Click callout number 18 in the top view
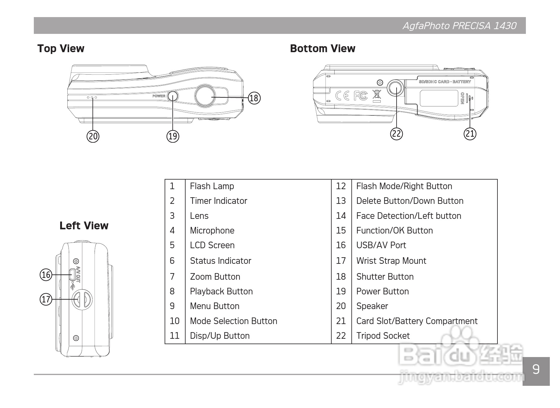[x=254, y=98]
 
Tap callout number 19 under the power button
[x=173, y=136]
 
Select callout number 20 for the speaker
[x=93, y=136]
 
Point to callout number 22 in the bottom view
[x=396, y=133]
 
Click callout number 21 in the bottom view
[x=470, y=133]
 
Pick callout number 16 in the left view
[x=46, y=275]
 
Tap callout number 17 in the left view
[x=46, y=299]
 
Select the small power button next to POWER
[x=173, y=96]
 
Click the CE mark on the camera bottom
[x=342, y=96]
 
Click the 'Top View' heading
[x=61, y=48]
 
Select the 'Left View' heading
[x=84, y=225]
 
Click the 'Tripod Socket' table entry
[x=383, y=336]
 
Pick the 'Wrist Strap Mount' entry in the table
[x=391, y=261]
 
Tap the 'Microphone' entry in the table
[x=212, y=231]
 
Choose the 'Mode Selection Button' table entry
[x=233, y=321]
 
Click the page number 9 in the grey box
[x=536, y=369]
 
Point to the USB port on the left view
[x=72, y=274]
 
